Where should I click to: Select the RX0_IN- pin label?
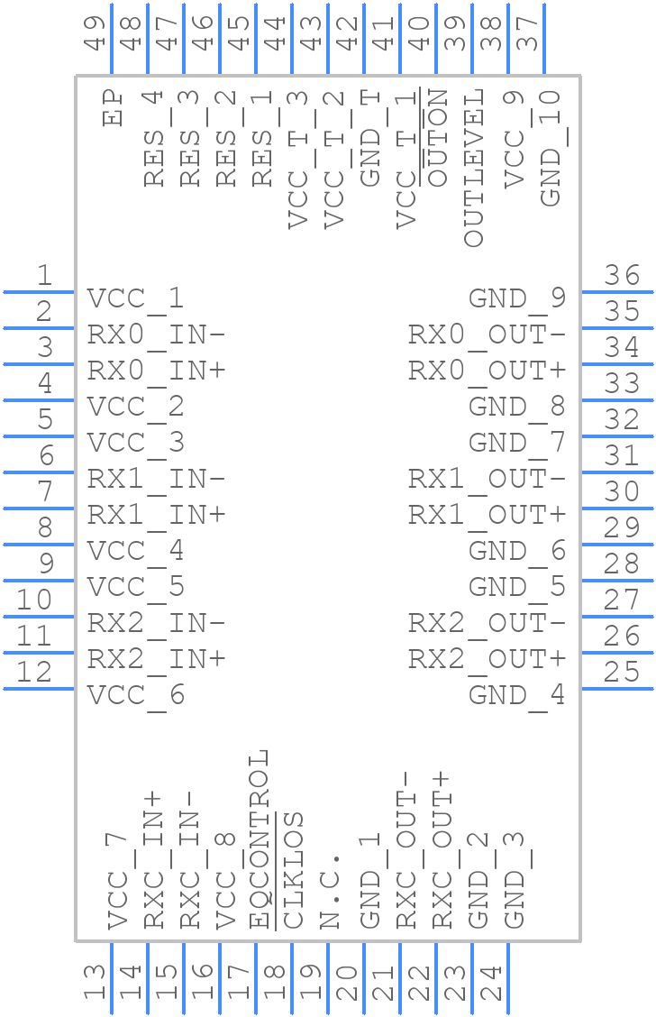[156, 335]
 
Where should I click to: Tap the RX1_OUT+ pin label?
[487, 516]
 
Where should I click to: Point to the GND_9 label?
[516, 299]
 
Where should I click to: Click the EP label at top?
[114, 107]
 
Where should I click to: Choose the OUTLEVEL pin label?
[474, 167]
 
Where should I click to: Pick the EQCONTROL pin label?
[259, 838]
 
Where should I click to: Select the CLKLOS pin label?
[295, 870]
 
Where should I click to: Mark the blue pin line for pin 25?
[617, 689]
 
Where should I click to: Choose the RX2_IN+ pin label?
[156, 660]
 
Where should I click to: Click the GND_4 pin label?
[516, 696]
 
